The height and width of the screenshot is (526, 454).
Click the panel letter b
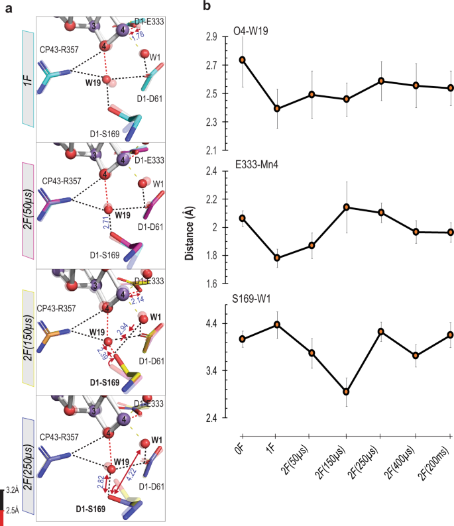coord(207,7)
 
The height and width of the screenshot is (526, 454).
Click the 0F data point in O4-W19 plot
coord(243,60)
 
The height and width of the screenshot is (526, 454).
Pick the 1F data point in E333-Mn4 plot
coord(277,258)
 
